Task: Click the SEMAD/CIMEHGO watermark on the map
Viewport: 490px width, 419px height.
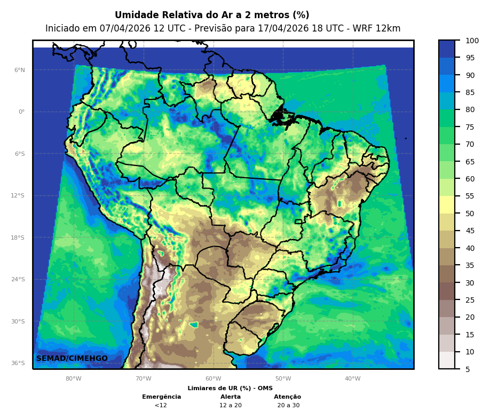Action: click(72, 358)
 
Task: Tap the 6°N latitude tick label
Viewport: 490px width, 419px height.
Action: click(20, 70)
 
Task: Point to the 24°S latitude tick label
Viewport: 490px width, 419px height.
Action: click(18, 279)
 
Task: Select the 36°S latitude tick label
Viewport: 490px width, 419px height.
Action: click(18, 363)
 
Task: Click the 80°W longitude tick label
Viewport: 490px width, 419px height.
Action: click(74, 378)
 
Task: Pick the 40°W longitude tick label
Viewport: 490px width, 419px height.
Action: click(352, 378)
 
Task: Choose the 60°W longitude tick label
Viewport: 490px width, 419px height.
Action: click(213, 378)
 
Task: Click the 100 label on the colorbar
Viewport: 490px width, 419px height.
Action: click(472, 41)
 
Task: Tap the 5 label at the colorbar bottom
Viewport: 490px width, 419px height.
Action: click(468, 369)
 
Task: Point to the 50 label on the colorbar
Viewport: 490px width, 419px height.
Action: click(470, 214)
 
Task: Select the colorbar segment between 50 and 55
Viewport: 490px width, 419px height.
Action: click(447, 205)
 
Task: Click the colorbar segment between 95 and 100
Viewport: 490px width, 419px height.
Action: click(447, 49)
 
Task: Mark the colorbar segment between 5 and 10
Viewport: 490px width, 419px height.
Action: click(447, 360)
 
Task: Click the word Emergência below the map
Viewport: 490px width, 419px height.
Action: click(161, 397)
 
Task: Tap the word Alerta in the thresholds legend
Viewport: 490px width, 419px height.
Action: click(231, 397)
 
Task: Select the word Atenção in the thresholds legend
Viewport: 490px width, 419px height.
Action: click(288, 397)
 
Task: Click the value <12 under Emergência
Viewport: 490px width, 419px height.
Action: click(161, 405)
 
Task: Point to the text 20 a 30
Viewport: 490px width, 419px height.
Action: click(288, 405)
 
